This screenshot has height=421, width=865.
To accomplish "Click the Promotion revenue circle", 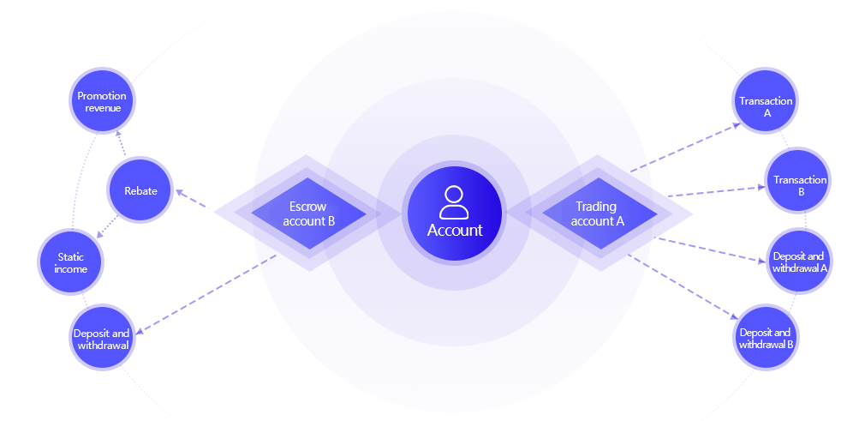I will point(102,101).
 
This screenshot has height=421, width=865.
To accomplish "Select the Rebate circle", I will point(140,190).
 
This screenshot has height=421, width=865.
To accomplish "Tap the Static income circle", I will point(71,262).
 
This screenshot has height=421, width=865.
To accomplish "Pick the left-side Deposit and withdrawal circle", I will point(101,339).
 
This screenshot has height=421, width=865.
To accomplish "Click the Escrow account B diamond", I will point(308,214).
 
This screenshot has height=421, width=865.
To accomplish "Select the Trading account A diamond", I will point(599,214).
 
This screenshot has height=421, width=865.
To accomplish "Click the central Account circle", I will point(455,213).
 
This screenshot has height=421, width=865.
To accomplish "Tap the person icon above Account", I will point(454,202).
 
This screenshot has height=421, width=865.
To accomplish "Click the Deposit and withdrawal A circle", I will point(798,261).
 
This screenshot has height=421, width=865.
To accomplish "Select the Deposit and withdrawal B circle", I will point(766,338).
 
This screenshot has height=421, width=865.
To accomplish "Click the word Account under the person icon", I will point(455,231).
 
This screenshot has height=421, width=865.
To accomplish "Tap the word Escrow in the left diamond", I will point(308,207).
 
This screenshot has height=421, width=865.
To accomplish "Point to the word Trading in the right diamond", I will point(596,207).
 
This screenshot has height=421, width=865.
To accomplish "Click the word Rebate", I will point(140,190).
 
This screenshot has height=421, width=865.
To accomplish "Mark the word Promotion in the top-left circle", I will point(102,96).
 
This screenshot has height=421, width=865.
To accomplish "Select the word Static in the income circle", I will point(71,257).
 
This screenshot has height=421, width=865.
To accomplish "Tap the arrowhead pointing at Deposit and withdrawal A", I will point(761,261).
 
